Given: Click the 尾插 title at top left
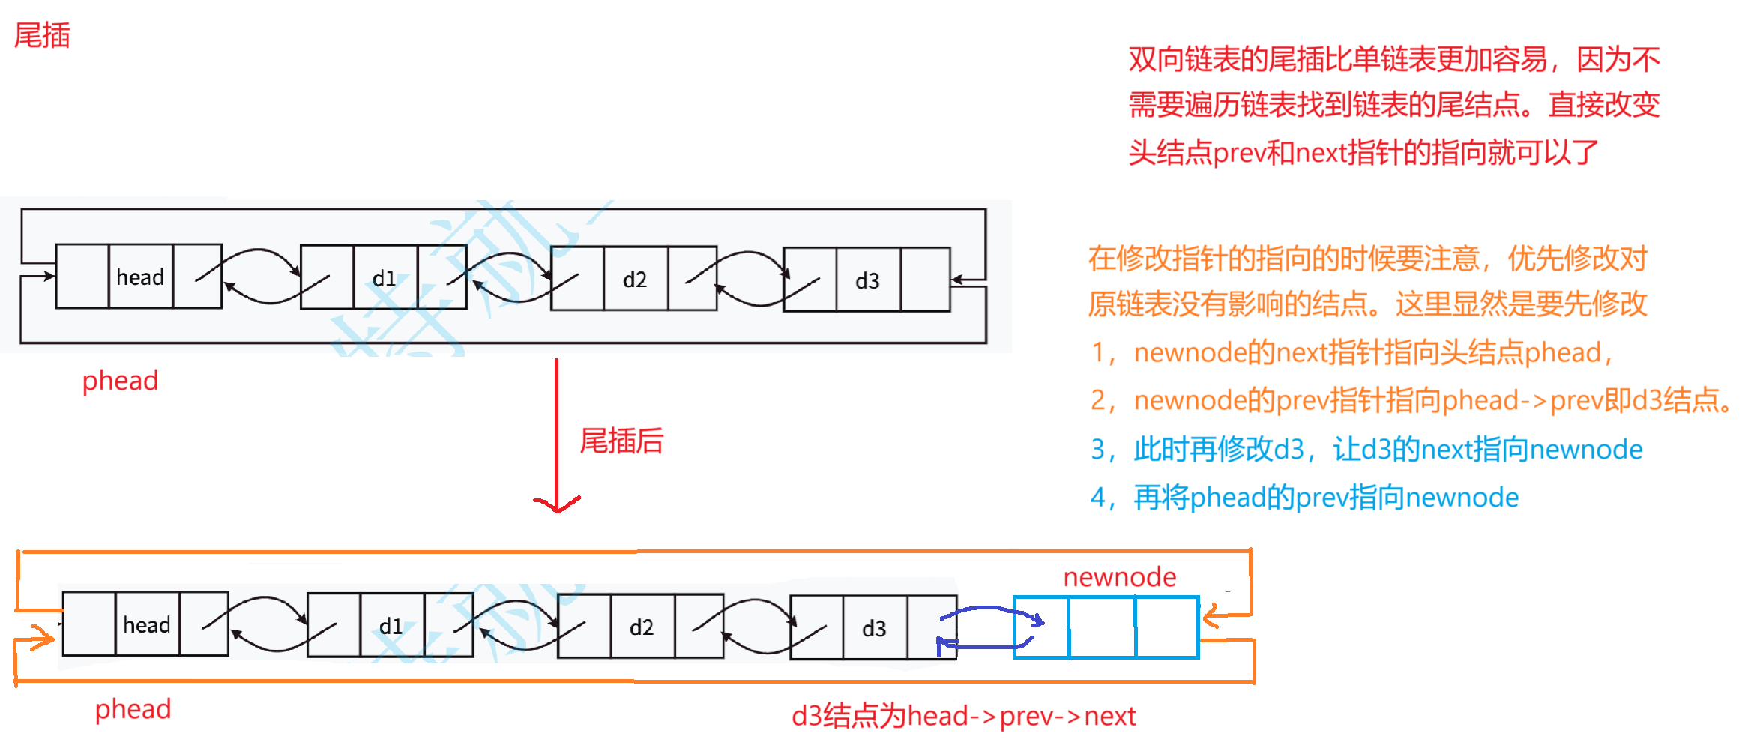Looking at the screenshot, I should point(42,35).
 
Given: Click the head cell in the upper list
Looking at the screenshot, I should point(140,277).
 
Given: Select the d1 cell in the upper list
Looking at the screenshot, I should point(385,279).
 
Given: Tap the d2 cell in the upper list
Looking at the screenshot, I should point(635,280).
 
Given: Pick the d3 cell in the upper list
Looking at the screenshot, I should point(867,281).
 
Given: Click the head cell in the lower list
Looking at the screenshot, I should point(147,624).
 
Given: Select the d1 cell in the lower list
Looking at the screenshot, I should point(391,626).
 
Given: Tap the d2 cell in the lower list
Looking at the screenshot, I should point(642,627).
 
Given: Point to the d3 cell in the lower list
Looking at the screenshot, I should point(874,628).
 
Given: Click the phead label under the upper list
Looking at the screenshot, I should point(120,381).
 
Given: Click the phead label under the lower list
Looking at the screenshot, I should point(133,709).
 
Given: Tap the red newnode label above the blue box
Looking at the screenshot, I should point(1119,577).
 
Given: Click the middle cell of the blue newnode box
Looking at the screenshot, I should point(1102,627).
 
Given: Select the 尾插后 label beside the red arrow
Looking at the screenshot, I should point(621,441).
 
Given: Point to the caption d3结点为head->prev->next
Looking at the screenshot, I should point(963,717).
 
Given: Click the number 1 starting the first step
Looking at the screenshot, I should point(1098,352).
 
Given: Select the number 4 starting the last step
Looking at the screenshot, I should point(1098,498).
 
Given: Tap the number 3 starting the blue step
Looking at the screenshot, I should point(1098,450).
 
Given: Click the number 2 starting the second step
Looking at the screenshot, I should point(1098,401).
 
